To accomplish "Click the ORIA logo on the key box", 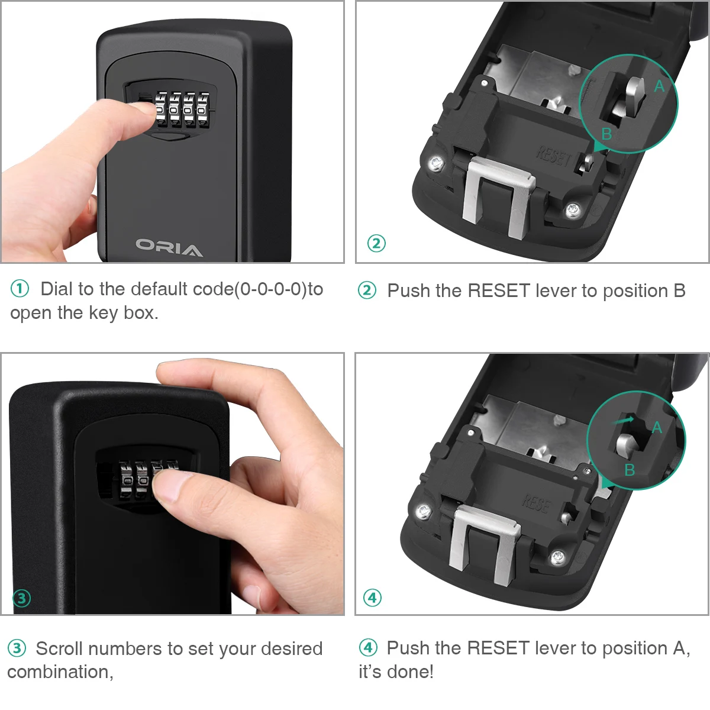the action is [169, 247].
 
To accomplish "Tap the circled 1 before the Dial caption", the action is [20, 289].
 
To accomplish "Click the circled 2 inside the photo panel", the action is [376, 243].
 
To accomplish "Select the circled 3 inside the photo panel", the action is [22, 598].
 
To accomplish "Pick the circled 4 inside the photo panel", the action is [373, 598].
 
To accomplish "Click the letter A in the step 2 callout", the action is [659, 86].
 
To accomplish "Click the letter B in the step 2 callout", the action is [606, 134].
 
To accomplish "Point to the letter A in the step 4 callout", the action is [657, 428].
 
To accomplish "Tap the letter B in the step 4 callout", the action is [630, 470].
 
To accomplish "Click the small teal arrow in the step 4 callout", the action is [622, 421].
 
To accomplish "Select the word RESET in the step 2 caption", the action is [499, 291].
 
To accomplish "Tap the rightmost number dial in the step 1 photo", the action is [203, 111].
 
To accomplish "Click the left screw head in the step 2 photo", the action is [436, 163].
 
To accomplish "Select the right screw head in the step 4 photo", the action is [558, 557].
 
